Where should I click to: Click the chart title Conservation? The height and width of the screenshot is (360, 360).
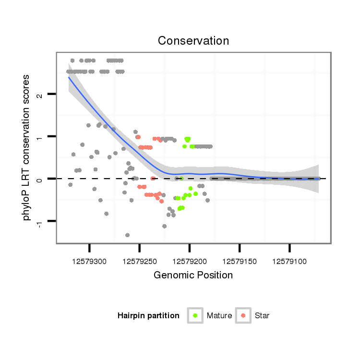click(x=193, y=40)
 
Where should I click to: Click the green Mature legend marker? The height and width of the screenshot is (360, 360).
click(x=195, y=315)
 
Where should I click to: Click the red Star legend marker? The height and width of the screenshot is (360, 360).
click(x=243, y=315)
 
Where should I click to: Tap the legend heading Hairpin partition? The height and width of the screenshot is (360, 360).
click(x=148, y=316)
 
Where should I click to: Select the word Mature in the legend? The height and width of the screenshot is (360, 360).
click(x=219, y=316)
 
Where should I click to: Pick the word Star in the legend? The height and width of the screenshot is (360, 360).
click(x=262, y=316)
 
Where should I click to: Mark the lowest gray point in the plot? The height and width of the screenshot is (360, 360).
click(x=127, y=235)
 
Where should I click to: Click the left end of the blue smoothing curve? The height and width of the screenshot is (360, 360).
click(x=69, y=77)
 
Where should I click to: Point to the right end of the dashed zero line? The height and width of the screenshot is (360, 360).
click(x=326, y=179)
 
